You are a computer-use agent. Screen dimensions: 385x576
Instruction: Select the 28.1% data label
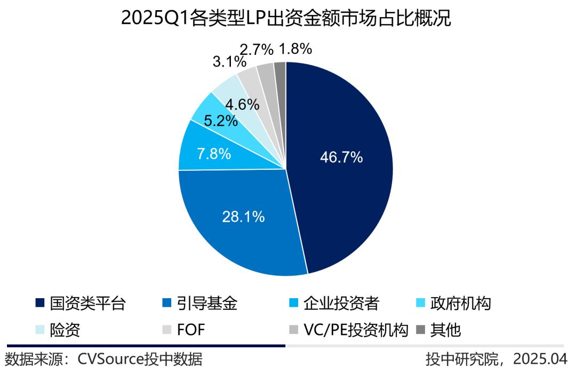coord(243,217)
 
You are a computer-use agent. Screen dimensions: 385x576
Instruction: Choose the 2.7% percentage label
coord(257,50)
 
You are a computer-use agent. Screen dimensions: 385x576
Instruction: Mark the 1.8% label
coord(295,49)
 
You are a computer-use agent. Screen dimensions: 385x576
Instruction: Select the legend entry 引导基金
coord(212,304)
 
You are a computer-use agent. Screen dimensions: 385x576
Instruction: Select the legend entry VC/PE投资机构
coord(355,330)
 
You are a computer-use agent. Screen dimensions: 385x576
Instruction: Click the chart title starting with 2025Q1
coord(286,19)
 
